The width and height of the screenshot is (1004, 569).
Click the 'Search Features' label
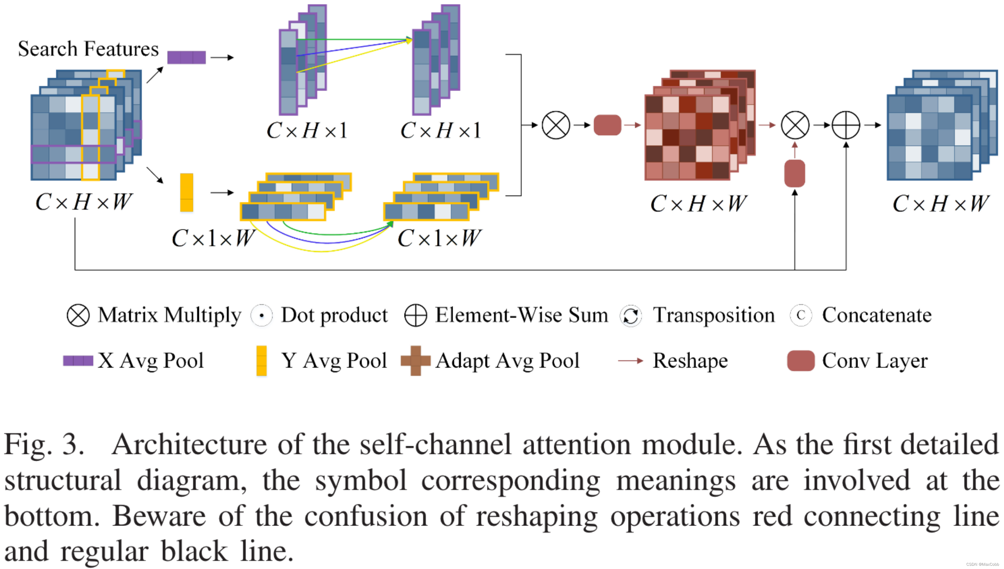(88, 49)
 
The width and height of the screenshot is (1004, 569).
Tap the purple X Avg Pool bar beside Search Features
(186, 57)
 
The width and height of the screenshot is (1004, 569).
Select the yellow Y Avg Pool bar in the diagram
(186, 192)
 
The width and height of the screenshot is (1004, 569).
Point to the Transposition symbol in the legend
(630, 316)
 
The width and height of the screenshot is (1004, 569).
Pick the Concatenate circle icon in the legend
(800, 315)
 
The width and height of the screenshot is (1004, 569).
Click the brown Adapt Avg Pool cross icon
(415, 360)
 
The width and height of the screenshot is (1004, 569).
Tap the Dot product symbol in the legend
(262, 315)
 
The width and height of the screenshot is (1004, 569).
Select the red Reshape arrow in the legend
(630, 360)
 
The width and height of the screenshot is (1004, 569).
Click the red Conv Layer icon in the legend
(800, 360)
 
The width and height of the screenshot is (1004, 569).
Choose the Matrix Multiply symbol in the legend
(78, 315)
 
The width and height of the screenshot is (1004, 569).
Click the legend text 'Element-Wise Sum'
(521, 315)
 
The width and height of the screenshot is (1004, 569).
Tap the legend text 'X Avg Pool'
(150, 360)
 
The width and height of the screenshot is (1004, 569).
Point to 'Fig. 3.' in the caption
(44, 445)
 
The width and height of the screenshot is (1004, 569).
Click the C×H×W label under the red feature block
(698, 203)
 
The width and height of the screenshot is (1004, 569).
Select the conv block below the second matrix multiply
(795, 173)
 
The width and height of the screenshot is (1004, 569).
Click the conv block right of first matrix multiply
(607, 125)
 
